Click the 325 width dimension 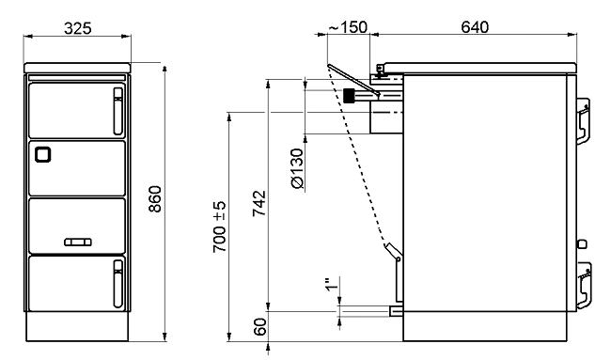click(x=77, y=28)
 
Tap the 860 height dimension click(x=155, y=199)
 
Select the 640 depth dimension click(x=475, y=27)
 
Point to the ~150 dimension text click(x=348, y=27)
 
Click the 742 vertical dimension click(x=259, y=203)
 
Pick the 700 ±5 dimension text click(x=220, y=227)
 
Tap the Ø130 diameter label click(x=297, y=168)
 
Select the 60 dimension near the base click(x=259, y=326)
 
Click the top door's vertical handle click(x=118, y=111)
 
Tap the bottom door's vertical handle click(x=118, y=284)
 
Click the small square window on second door click(x=43, y=154)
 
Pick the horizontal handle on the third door click(x=78, y=243)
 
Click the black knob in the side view click(x=349, y=96)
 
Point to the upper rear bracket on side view click(x=583, y=121)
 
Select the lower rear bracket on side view click(x=584, y=286)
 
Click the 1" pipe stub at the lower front click(x=397, y=311)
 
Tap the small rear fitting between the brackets click(x=581, y=244)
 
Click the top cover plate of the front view click(x=77, y=68)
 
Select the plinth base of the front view click(x=77, y=326)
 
